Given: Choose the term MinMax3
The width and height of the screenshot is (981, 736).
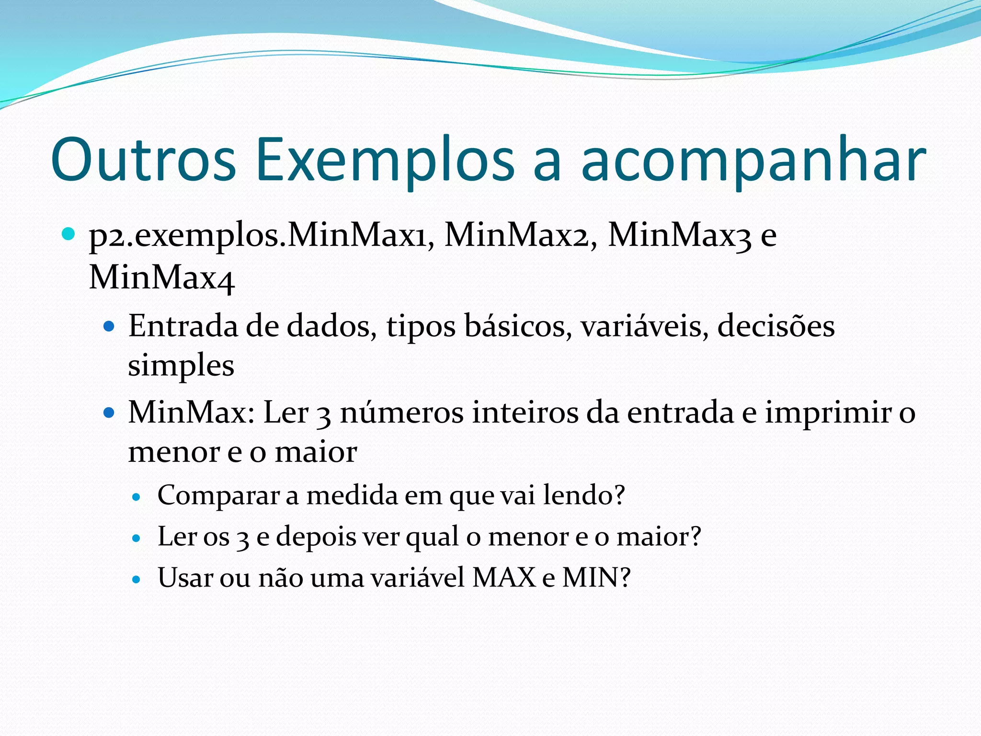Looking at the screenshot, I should tap(679, 235).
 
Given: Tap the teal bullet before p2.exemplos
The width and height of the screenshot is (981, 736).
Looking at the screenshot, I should tap(68, 234).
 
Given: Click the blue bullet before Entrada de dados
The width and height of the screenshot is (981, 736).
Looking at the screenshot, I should tap(109, 327).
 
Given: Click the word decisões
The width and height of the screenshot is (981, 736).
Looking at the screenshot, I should tap(776, 327).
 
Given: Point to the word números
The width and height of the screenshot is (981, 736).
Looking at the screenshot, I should tap(401, 413).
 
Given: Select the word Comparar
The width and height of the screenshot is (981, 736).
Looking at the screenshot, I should tap(218, 496).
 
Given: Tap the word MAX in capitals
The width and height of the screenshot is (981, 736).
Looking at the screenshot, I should tap(503, 577).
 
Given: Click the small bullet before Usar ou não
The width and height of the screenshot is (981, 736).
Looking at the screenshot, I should tap(137, 580).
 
